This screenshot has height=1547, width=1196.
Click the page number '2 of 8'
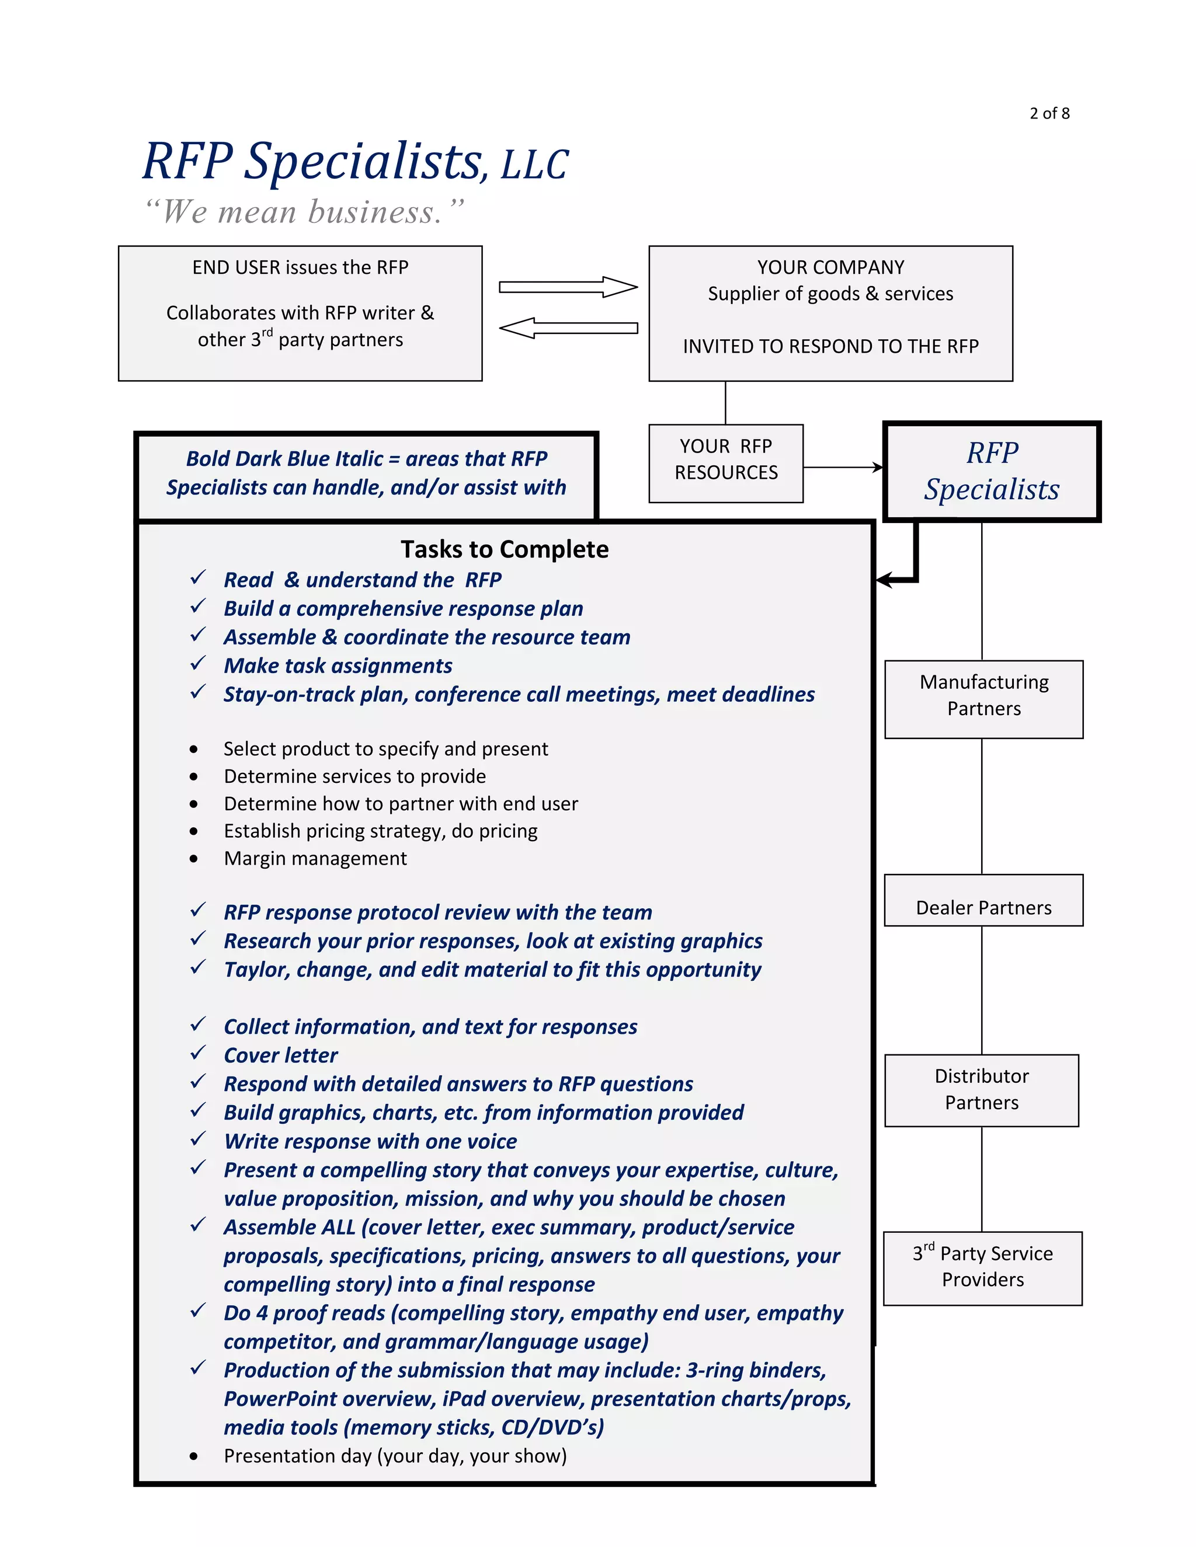[1049, 113]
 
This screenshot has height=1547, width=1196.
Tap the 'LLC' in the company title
[534, 165]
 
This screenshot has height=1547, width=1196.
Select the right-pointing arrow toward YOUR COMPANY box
[568, 287]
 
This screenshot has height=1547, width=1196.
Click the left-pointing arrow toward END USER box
[568, 328]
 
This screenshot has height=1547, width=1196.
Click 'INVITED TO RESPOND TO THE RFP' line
[830, 346]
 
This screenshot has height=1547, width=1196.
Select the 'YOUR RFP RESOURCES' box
[725, 464]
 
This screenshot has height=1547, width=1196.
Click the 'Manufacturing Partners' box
[983, 699]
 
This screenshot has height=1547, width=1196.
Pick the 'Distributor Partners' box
[981, 1090]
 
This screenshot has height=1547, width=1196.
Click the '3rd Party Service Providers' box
[983, 1268]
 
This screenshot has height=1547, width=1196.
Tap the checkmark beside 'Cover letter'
[198, 1053]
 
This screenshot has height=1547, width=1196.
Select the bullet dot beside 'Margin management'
[193, 859]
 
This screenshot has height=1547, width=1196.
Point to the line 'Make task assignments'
[338, 666]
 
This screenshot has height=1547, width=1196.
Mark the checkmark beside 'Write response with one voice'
[198, 1139]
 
